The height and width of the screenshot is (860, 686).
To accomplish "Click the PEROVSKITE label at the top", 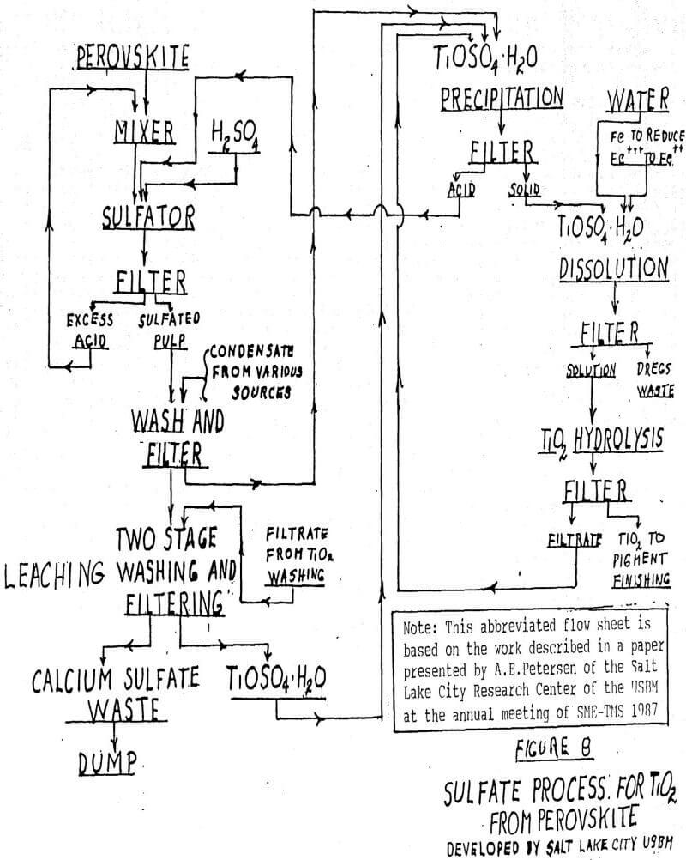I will (x=143, y=58).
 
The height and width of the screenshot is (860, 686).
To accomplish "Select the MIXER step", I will (x=145, y=131).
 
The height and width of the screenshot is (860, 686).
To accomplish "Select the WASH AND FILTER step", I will (x=177, y=433).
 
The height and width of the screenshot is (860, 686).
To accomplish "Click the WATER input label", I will (x=638, y=100).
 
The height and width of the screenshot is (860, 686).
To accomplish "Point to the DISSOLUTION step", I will (x=613, y=269).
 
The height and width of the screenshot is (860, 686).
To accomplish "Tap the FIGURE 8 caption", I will (x=553, y=748).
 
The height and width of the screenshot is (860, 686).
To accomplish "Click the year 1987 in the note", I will (x=656, y=712).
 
